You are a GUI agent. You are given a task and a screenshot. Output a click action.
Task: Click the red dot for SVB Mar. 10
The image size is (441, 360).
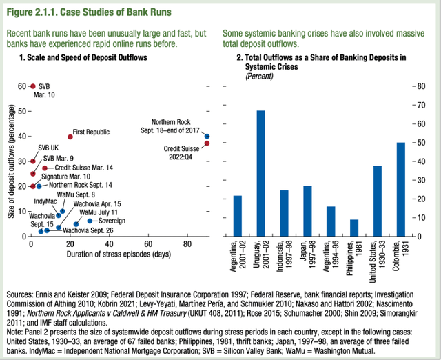[32, 86]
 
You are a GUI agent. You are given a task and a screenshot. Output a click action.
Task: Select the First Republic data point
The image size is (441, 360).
[69, 137]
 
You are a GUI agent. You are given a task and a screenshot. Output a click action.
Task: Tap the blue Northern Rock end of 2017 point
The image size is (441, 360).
[207, 137]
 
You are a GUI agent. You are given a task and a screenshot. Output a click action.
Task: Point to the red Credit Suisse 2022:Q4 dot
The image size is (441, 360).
[207, 143]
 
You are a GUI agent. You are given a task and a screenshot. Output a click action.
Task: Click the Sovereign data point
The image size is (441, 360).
[90, 221]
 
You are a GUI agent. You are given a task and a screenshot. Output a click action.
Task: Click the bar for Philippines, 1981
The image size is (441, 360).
[334, 228]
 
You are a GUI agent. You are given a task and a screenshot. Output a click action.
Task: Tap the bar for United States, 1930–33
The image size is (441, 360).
[358, 201]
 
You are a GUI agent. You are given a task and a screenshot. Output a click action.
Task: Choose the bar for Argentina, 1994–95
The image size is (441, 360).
[309, 221]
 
